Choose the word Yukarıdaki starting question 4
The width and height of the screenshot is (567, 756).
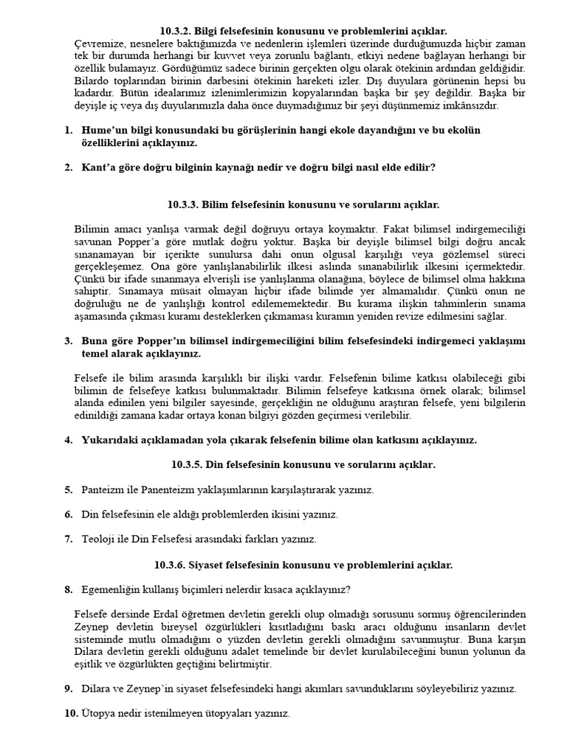[x=110, y=441]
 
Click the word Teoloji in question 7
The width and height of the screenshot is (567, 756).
[x=99, y=539]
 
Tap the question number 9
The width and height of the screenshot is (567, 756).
[x=68, y=689]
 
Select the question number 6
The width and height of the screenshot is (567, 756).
[x=68, y=515]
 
